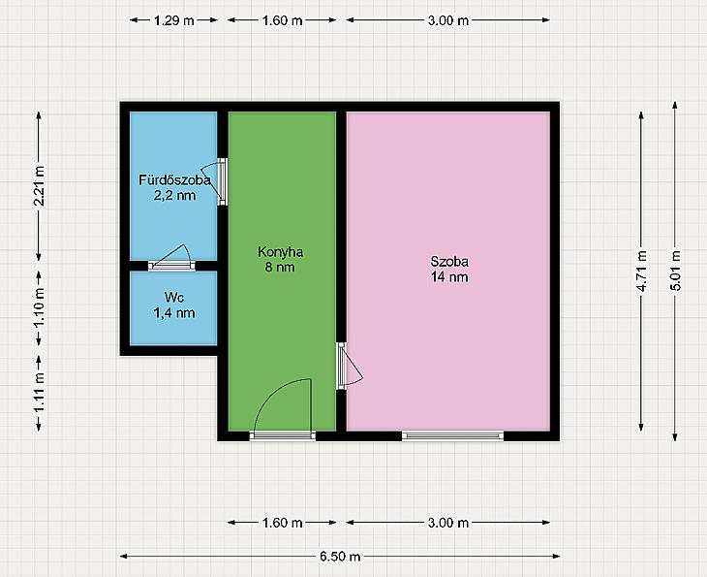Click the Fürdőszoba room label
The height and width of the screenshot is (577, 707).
[174, 180]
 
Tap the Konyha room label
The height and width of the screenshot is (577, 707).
[280, 252]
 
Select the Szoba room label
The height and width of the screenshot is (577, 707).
[449, 262]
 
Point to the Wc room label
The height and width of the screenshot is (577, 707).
[174, 298]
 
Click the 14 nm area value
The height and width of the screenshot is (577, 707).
[449, 276]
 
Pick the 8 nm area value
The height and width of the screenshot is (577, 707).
[280, 267]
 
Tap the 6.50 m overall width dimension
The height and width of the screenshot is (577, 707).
[340, 557]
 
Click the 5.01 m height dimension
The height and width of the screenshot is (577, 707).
[675, 270]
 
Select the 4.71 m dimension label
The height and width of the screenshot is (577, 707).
[641, 271]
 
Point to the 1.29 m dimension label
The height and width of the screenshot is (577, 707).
[174, 20]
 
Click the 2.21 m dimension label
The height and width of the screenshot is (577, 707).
[40, 185]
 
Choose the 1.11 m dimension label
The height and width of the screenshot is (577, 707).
[40, 393]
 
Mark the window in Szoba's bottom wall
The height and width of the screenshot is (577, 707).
[452, 435]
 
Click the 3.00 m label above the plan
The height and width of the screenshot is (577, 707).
[448, 20]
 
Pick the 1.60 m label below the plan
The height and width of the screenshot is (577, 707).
[282, 523]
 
